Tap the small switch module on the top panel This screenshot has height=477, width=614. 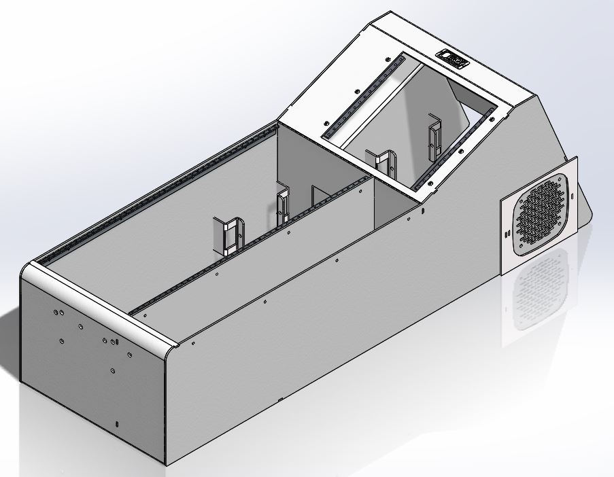pyautogui.click(x=453, y=58)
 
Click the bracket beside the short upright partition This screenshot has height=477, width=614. pyautogui.click(x=284, y=206)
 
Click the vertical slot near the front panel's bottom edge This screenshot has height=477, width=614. pyautogui.click(x=117, y=425)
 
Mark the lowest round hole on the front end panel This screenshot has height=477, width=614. pyautogui.click(x=112, y=371)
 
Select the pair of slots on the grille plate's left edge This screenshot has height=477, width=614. pyautogui.click(x=507, y=233)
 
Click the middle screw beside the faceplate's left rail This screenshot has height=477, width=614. pyautogui.click(x=356, y=91)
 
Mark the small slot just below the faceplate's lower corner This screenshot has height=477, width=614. pyautogui.click(x=422, y=211)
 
